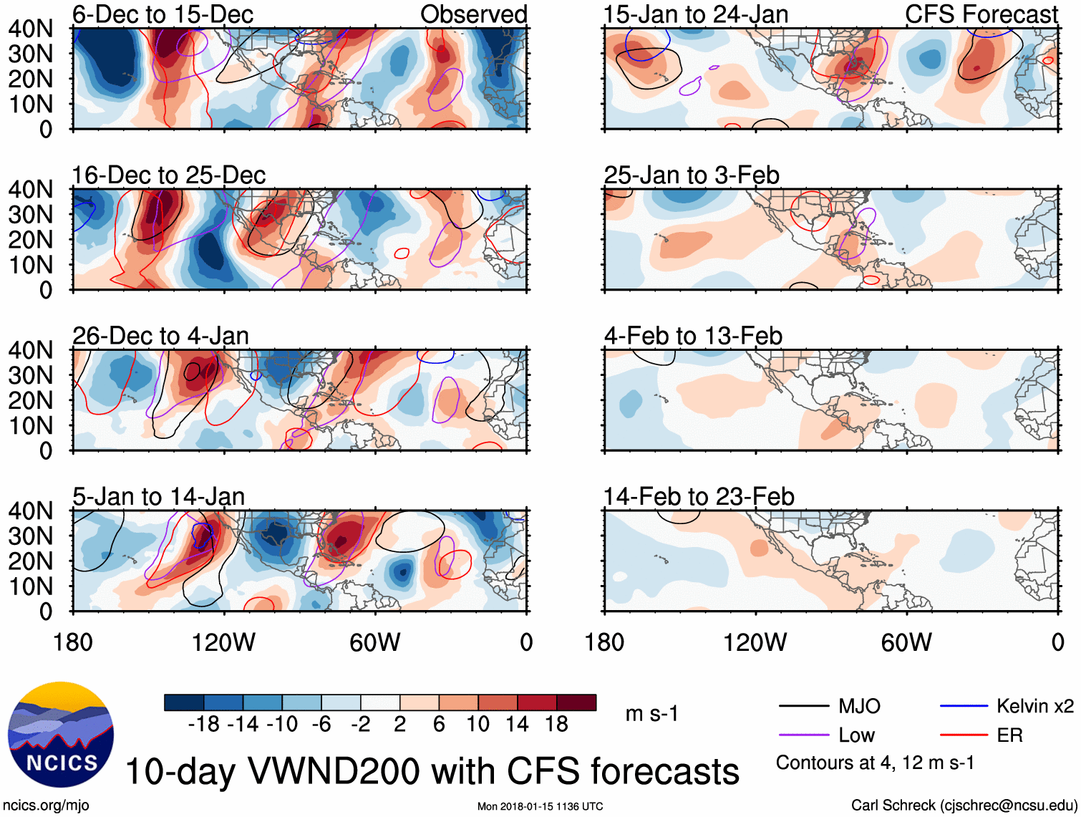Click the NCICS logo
pyautogui.click(x=60, y=734)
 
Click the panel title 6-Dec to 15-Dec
pyautogui.click(x=163, y=14)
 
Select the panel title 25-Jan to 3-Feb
pyautogui.click(x=692, y=175)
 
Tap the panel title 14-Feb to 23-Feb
pyautogui.click(x=699, y=497)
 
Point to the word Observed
pyautogui.click(x=473, y=14)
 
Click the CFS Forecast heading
pyautogui.click(x=981, y=14)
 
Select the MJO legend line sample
pyautogui.click(x=804, y=707)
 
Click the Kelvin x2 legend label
pyautogui.click(x=1034, y=707)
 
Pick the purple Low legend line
pyautogui.click(x=804, y=735)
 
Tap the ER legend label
pyautogui.click(x=1009, y=735)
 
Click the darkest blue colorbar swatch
pyautogui.click(x=183, y=702)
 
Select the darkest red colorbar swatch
pyautogui.click(x=576, y=702)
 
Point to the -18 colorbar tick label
pyautogui.click(x=204, y=725)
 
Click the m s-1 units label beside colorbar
pyautogui.click(x=651, y=714)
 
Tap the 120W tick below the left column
pyautogui.click(x=223, y=642)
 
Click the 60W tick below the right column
pyautogui.click(x=906, y=642)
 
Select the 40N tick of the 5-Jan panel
pyautogui.click(x=30, y=511)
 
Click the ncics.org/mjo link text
pyautogui.click(x=46, y=806)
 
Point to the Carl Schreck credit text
pyautogui.click(x=964, y=806)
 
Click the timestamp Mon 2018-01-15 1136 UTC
pyautogui.click(x=540, y=807)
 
